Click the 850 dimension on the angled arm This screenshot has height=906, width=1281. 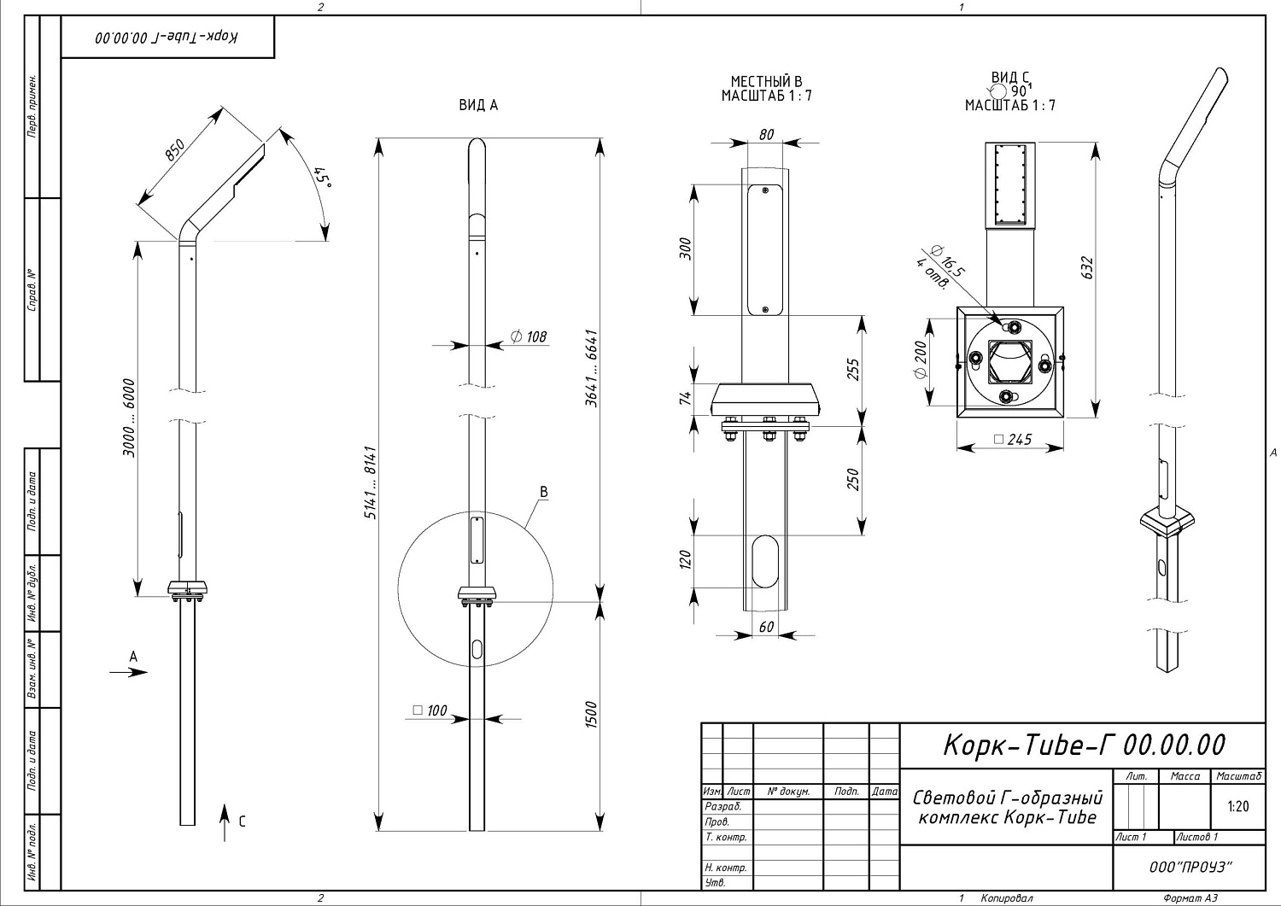click(x=173, y=150)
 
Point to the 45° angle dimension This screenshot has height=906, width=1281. click(x=323, y=178)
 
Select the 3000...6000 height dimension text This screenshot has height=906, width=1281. click(x=128, y=418)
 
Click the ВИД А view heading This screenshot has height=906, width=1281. click(x=478, y=105)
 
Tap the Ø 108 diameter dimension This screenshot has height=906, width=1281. click(x=529, y=336)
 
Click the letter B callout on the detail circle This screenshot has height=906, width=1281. click(x=543, y=492)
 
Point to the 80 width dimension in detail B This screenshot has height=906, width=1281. click(x=766, y=134)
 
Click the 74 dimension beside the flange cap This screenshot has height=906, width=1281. click(x=685, y=400)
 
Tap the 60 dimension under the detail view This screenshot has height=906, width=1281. click(x=766, y=627)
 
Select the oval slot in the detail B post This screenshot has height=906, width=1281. click(x=766, y=560)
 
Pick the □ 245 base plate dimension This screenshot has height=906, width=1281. click(x=1013, y=440)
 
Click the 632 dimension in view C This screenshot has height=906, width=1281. click(x=1086, y=267)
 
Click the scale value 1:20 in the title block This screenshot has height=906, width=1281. click(x=1237, y=806)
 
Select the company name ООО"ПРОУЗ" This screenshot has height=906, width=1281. click(x=1190, y=867)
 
